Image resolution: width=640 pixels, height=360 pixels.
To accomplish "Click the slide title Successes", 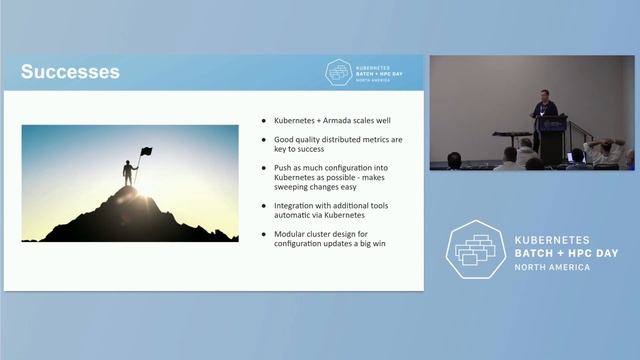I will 70,72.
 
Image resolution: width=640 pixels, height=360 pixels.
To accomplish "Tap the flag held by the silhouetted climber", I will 146,152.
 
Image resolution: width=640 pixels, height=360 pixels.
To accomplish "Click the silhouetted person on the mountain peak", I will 128,172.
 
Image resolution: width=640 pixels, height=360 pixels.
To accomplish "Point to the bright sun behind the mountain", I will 139,187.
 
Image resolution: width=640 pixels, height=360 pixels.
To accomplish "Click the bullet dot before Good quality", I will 263,139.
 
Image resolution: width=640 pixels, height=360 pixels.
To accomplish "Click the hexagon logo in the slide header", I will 339,72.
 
